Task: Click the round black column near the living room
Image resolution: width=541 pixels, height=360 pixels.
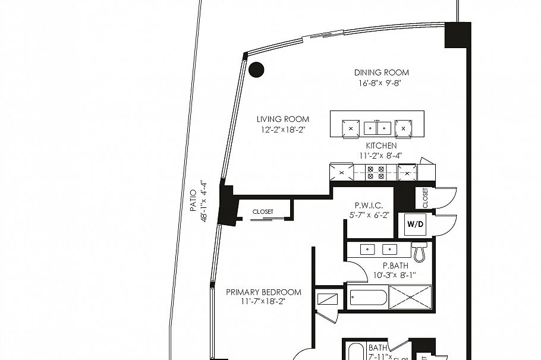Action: [x=256, y=70]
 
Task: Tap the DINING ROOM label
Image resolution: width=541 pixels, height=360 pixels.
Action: [x=382, y=72]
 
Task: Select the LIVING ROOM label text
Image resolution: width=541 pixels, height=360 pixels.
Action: [x=283, y=119]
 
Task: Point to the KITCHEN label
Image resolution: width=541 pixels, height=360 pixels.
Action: [x=381, y=146]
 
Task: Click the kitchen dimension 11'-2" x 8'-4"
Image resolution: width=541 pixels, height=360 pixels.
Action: [x=381, y=156]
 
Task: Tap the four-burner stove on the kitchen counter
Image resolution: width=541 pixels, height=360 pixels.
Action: [x=375, y=172]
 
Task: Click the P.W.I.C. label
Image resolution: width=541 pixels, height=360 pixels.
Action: [x=369, y=205]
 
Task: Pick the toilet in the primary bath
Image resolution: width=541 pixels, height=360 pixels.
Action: [x=419, y=252]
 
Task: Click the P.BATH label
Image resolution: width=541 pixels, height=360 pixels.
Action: [x=395, y=266]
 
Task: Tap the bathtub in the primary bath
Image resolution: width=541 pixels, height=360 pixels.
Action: [x=368, y=297]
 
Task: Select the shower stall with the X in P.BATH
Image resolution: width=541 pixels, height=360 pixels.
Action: [x=410, y=297]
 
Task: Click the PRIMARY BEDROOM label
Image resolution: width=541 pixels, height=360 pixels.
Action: [x=263, y=292]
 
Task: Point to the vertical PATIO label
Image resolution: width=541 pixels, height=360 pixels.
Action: [x=193, y=201]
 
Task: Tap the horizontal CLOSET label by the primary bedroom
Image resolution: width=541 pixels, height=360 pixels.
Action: [x=263, y=211]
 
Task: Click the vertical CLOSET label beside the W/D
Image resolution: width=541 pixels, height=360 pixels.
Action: [x=426, y=198]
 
